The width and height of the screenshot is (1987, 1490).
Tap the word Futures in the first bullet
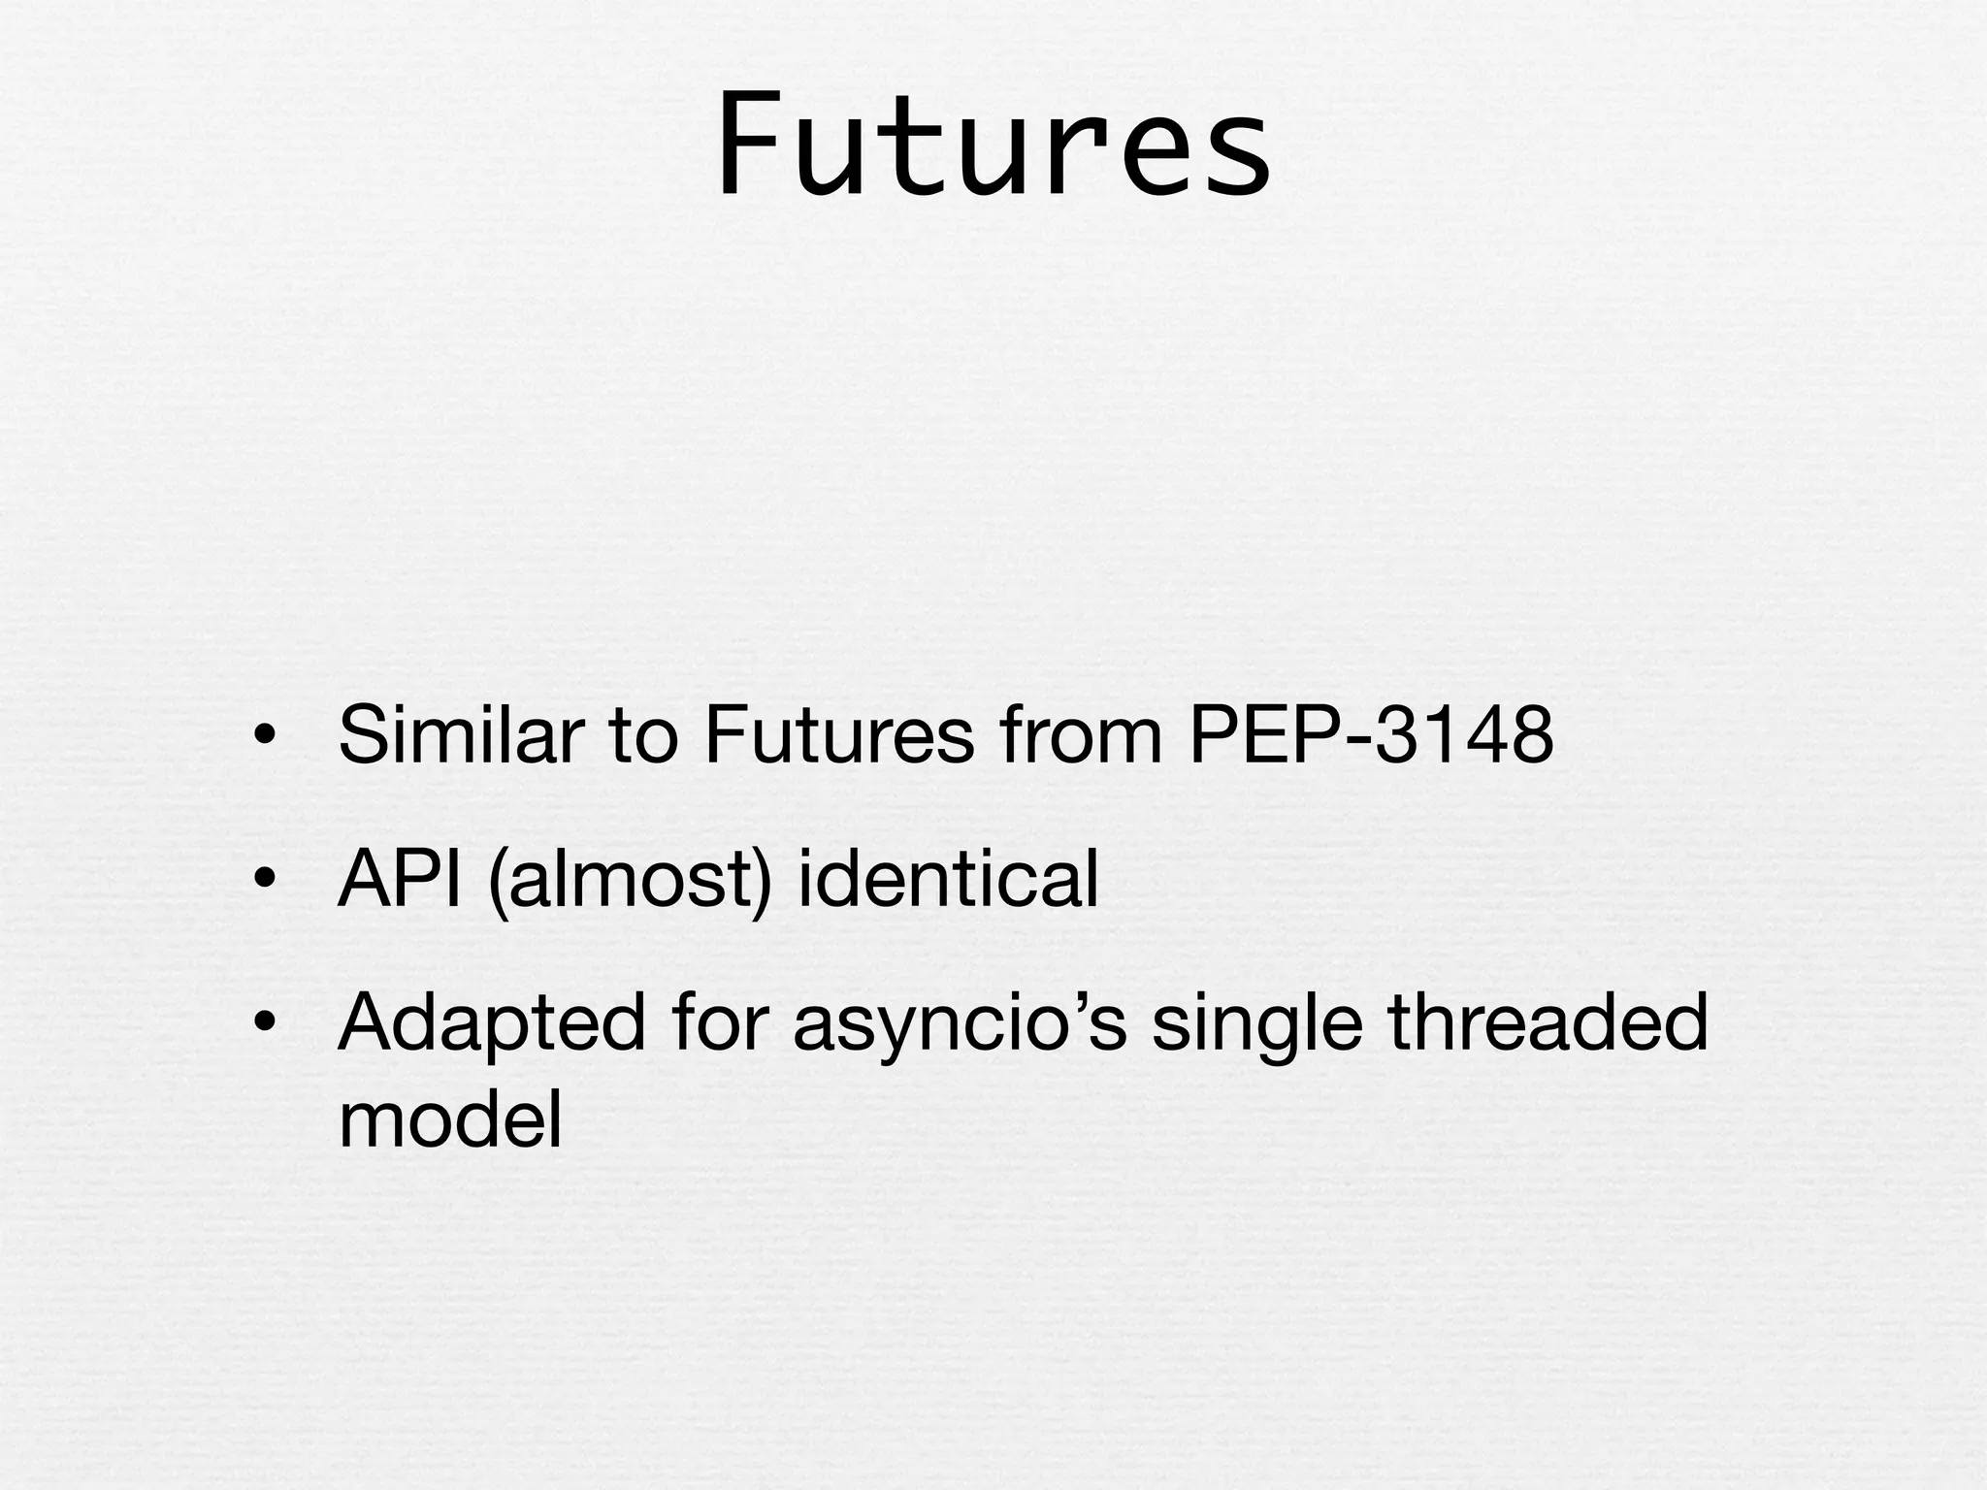click(x=838, y=735)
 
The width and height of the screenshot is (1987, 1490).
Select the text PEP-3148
click(x=1371, y=735)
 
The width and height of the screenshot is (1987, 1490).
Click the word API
click(x=399, y=879)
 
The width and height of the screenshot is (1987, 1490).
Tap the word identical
click(x=947, y=879)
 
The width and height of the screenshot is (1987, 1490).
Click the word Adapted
click(x=491, y=1022)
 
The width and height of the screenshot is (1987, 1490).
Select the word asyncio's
click(x=960, y=1024)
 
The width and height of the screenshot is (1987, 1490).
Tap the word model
click(x=450, y=1119)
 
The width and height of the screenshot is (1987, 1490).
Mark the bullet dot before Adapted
click(x=263, y=1024)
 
